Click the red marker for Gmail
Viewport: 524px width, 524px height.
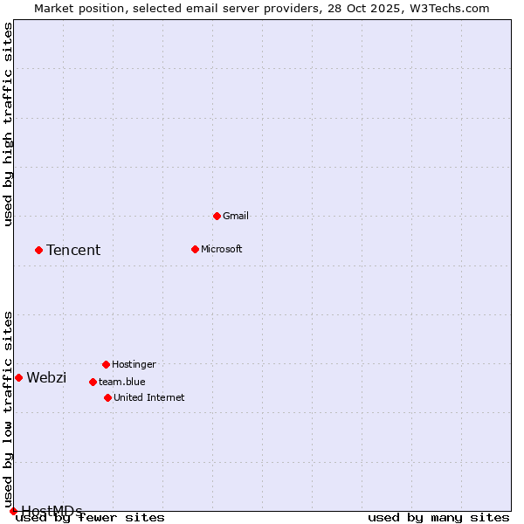click(217, 216)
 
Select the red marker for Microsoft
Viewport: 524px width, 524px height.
click(195, 249)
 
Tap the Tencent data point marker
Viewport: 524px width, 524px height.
click(38, 250)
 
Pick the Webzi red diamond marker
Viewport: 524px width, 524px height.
click(18, 377)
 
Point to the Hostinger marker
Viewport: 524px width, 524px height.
click(106, 364)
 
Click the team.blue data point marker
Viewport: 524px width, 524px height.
click(93, 382)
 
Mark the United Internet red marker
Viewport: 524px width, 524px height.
click(107, 397)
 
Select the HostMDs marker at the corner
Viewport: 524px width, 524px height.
click(13, 511)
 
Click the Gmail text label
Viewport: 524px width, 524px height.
click(236, 216)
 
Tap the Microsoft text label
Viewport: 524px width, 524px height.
click(222, 249)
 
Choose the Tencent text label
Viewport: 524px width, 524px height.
click(73, 250)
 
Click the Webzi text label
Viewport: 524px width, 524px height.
click(46, 377)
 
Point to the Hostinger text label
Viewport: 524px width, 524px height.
click(134, 364)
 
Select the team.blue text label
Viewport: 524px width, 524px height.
click(122, 382)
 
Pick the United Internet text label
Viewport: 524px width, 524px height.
click(149, 397)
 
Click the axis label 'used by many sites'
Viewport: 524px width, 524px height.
click(438, 518)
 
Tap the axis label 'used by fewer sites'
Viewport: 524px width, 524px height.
click(91, 518)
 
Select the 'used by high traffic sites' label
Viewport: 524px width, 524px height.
click(9, 124)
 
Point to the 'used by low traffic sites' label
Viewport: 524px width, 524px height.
click(9, 410)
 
